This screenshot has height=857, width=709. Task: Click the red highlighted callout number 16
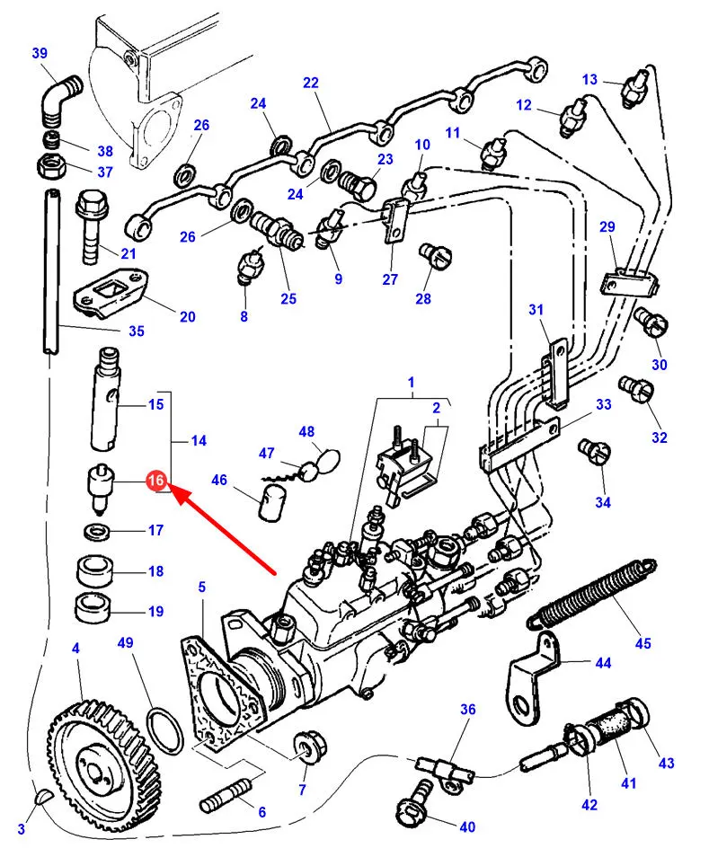point(155,481)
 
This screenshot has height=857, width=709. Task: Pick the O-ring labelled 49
point(164,729)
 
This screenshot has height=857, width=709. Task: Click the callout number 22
point(311,83)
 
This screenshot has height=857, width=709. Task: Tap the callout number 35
point(136,331)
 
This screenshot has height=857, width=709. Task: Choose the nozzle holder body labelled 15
point(107,399)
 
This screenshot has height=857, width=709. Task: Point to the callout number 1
point(411,382)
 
